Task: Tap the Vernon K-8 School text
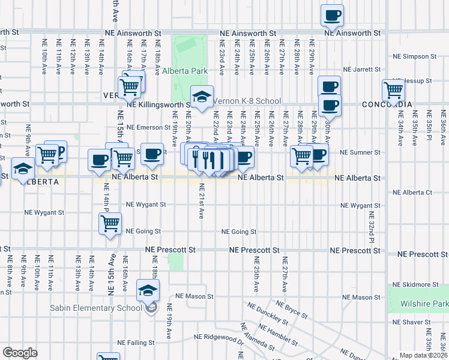click(247, 101)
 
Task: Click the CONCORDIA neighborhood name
click(387, 104)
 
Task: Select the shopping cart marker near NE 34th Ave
click(393, 90)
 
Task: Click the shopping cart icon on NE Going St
click(110, 224)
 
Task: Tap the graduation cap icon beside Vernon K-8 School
click(202, 96)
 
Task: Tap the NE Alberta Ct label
click(412, 193)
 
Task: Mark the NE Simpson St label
click(416, 56)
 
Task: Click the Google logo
click(20, 353)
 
